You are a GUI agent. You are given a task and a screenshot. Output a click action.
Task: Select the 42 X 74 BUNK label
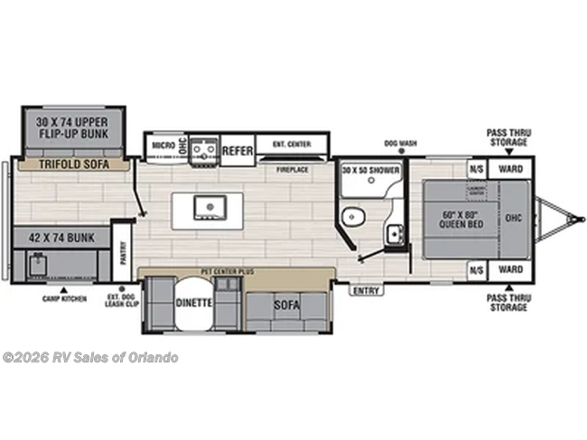(61, 238)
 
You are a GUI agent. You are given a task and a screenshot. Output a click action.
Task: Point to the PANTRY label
(125, 248)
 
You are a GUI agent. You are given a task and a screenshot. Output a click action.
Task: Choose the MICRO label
(163, 145)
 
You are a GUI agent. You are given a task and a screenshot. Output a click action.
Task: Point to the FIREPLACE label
(293, 168)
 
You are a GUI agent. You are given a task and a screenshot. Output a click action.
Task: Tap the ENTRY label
(366, 290)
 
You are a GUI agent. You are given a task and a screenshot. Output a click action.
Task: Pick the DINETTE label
(193, 303)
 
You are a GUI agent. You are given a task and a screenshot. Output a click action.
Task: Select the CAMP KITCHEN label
(63, 298)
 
